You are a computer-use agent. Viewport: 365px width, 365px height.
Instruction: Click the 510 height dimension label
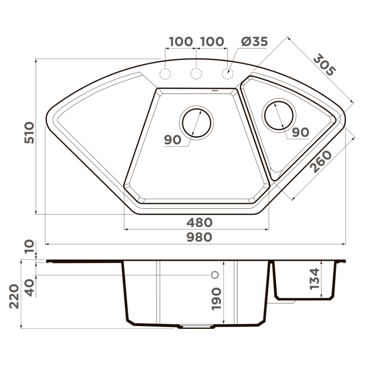click(x=29, y=132)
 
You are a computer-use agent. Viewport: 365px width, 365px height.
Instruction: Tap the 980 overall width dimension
click(x=200, y=237)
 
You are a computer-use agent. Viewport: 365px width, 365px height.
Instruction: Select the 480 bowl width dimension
click(x=200, y=223)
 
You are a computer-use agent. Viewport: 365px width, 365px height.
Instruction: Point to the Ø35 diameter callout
click(x=254, y=42)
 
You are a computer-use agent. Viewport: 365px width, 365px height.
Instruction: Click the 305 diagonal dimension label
click(x=324, y=65)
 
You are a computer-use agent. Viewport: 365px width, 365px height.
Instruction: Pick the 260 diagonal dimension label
click(x=321, y=162)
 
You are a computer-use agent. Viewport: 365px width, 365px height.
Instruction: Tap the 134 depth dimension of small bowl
click(x=315, y=279)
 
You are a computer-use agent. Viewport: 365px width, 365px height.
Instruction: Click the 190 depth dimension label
click(x=216, y=299)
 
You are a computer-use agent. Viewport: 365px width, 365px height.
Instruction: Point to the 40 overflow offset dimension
click(x=29, y=288)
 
